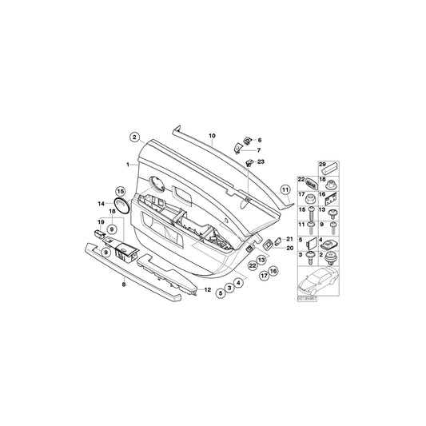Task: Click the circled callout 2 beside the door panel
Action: pos(135,137)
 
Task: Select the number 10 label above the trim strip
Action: pos(213,137)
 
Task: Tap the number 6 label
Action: pos(260,140)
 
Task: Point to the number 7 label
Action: pos(259,150)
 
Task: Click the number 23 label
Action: pos(261,161)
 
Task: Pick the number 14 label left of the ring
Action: pos(101,204)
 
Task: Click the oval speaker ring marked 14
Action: pos(122,205)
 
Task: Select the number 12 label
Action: pos(208,289)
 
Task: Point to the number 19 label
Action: pos(101,221)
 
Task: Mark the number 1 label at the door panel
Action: pos(126,164)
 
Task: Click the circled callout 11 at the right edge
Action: pos(285,190)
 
